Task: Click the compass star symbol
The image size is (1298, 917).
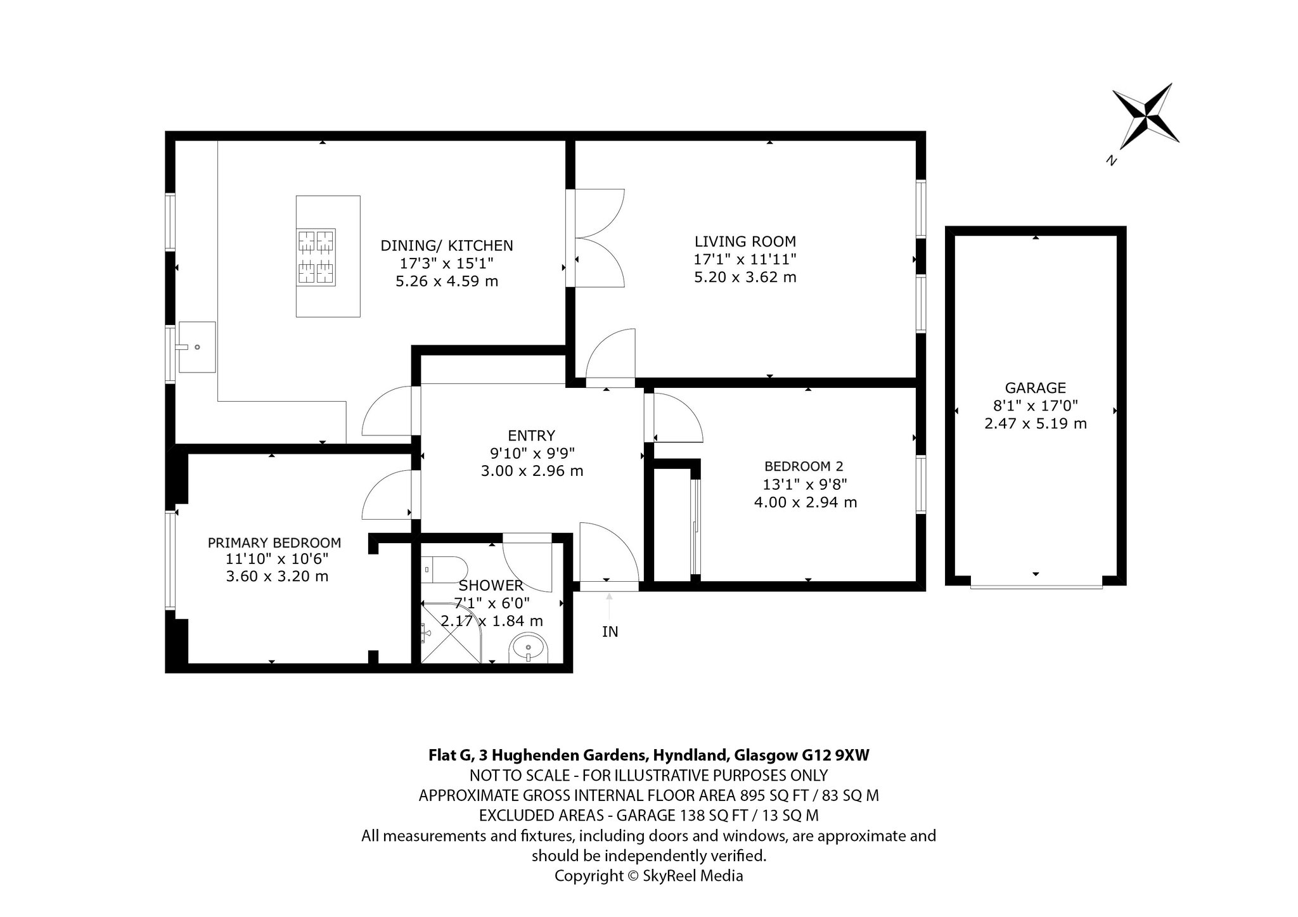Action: pos(1146,117)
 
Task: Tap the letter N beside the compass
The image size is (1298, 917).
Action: pos(1110,160)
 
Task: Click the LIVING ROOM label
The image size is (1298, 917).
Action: pos(745,241)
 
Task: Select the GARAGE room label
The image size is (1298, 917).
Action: pos(1036,388)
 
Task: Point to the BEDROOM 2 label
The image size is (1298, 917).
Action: pos(804,466)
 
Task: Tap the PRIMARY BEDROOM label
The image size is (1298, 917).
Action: pos(274,543)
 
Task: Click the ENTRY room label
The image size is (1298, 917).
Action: pos(531,435)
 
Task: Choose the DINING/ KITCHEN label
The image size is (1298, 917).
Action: pos(447,245)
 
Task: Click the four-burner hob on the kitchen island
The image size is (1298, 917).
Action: pos(316,256)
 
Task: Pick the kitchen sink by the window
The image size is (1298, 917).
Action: pos(197,347)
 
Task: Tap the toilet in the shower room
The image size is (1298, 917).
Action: pos(444,569)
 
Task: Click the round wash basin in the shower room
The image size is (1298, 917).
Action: pos(529,648)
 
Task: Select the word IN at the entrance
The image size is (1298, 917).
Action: pos(610,632)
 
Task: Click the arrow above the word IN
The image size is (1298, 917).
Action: pos(609,606)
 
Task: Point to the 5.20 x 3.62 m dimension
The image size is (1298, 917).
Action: pos(745,277)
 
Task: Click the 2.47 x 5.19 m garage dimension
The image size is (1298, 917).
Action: pos(1036,423)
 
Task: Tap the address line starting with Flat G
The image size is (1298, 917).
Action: pos(649,755)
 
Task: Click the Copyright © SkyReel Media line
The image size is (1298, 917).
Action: pos(649,876)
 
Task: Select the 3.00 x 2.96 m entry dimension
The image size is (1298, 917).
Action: pos(532,471)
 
